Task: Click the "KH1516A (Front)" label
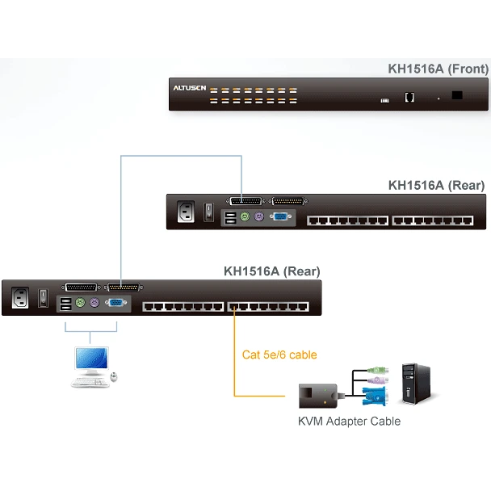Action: click(438, 69)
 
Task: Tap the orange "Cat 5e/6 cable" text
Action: click(279, 355)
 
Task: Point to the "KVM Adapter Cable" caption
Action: click(349, 421)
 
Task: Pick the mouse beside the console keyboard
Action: click(114, 376)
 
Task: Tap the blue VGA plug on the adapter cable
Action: click(374, 396)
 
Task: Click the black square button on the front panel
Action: click(458, 95)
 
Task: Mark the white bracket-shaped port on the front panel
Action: click(409, 97)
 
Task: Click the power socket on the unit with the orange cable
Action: click(23, 298)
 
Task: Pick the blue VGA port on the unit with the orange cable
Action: click(114, 304)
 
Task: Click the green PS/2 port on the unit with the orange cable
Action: click(81, 304)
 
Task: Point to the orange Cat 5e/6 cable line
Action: click(235, 355)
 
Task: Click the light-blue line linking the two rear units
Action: click(121, 218)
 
